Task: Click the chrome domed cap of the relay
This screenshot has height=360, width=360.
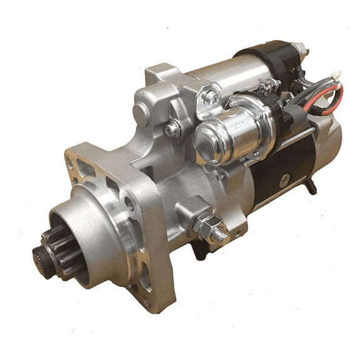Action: click(x=209, y=139)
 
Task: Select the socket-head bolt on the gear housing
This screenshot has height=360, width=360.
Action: click(x=172, y=130)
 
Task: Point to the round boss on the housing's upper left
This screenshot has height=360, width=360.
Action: click(x=142, y=114)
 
